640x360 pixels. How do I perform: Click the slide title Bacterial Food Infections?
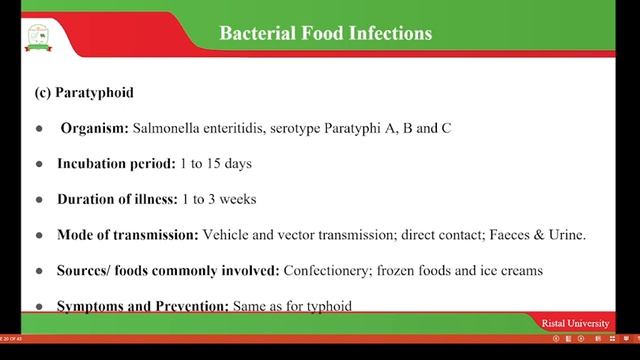(x=325, y=33)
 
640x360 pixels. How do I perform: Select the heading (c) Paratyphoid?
(x=84, y=93)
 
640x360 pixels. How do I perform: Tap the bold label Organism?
(x=94, y=129)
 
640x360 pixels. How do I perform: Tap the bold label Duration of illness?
(x=116, y=198)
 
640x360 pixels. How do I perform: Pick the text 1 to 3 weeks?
(x=219, y=198)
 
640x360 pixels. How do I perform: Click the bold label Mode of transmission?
(x=127, y=234)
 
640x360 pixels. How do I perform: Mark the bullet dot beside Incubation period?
(x=39, y=164)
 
